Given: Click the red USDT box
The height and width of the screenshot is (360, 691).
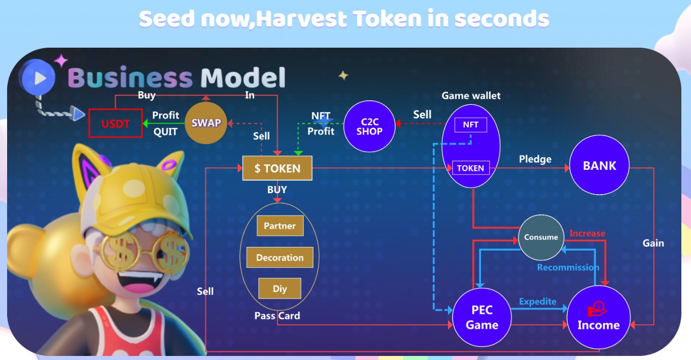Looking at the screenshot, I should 116,123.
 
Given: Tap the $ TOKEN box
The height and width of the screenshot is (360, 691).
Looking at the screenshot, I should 277,168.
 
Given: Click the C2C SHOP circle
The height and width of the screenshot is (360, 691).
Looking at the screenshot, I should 369,126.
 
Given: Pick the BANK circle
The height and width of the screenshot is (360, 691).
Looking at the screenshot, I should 599,166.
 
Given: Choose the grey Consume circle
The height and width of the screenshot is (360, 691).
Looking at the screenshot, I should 541,237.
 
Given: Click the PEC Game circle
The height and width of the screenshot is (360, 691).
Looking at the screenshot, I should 481,317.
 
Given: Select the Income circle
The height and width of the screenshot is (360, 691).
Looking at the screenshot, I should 598,317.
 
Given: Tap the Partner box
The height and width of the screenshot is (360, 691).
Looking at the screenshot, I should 280,226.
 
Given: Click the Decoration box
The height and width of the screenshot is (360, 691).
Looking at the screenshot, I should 280,258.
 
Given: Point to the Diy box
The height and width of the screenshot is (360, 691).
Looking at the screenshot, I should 280,289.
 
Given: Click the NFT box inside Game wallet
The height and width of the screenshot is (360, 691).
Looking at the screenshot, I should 470,125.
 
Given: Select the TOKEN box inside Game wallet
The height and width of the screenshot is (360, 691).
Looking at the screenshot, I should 470,168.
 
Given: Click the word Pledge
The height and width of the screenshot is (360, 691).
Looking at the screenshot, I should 535,159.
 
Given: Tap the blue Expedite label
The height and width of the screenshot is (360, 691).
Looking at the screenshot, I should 537,301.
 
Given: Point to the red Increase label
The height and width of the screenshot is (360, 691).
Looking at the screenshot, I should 587,233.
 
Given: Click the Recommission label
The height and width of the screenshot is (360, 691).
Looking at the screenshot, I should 568,267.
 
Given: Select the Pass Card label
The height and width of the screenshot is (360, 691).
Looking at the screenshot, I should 277,315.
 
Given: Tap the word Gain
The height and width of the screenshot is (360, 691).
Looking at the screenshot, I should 653,243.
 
